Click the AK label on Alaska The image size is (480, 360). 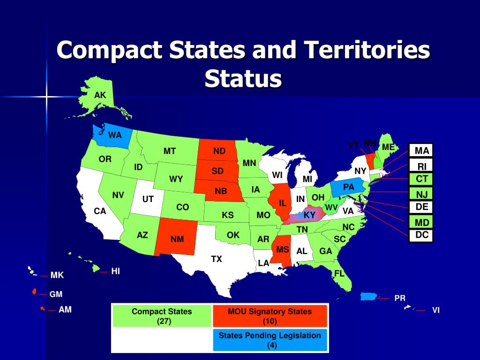click(x=100, y=95)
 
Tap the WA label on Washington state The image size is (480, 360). click(x=115, y=135)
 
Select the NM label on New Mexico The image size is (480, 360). click(x=177, y=239)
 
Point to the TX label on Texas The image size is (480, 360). click(x=216, y=259)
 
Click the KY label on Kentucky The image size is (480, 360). click(x=309, y=215)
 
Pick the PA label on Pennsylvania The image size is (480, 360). click(x=349, y=187)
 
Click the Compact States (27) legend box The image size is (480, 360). click(x=162, y=316)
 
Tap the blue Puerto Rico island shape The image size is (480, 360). click(x=369, y=296)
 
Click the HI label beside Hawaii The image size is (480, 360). click(x=116, y=271)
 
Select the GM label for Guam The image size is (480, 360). click(x=56, y=294)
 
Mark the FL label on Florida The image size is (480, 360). click(x=339, y=273)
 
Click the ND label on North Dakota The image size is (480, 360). click(x=219, y=151)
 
